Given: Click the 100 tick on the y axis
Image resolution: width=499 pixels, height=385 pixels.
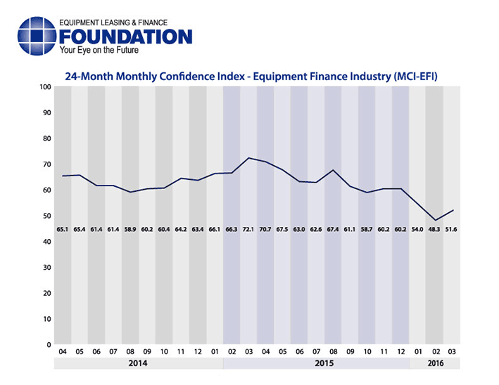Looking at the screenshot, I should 45,87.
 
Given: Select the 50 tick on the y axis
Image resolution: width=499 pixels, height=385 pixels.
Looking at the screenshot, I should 46,216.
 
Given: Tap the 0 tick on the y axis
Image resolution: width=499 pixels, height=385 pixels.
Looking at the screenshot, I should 49,345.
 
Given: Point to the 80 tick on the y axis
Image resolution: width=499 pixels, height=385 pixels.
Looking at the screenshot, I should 46,139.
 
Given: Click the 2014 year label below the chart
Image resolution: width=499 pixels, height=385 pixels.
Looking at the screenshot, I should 138,364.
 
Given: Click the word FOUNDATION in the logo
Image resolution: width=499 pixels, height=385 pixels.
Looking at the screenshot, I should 126,37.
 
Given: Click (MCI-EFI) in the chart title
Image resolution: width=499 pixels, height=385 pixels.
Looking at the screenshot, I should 408,75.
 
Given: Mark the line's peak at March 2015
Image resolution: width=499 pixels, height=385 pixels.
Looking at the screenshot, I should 248,158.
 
